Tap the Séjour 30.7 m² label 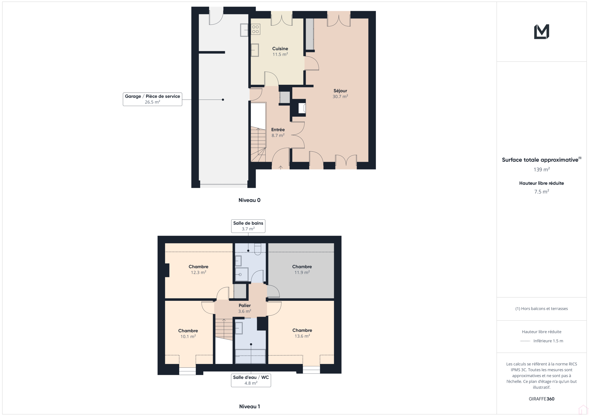[340, 94]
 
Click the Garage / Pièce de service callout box [152, 99]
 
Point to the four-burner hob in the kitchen [255, 29]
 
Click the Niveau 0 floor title [249, 200]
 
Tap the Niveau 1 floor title [249, 407]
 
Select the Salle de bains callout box [248, 226]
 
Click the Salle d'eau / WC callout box [251, 380]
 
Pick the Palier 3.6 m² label [244, 308]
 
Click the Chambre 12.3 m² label [198, 269]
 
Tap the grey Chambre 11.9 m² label [302, 269]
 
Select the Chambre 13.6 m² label [302, 333]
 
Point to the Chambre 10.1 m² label [188, 334]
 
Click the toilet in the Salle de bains [258, 249]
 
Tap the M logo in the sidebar [542, 32]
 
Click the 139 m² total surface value [542, 170]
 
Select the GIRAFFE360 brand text [542, 399]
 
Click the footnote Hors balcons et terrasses [542, 309]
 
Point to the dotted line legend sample [525, 341]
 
